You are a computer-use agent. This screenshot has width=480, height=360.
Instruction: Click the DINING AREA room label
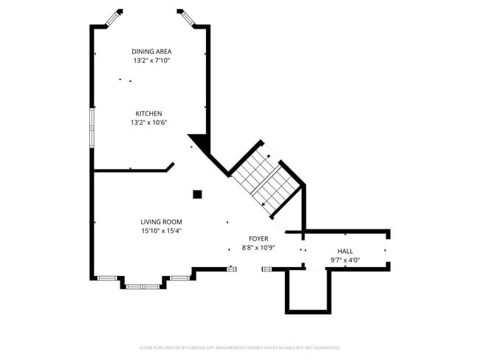pyautogui.click(x=151, y=52)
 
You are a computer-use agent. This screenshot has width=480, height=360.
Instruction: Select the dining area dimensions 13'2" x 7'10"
pyautogui.click(x=151, y=60)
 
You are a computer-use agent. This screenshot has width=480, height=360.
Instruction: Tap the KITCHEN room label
pyautogui.click(x=148, y=114)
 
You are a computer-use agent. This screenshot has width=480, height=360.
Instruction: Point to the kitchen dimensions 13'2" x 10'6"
pyautogui.click(x=148, y=122)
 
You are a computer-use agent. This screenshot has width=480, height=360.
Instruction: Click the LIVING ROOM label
pyautogui.click(x=161, y=222)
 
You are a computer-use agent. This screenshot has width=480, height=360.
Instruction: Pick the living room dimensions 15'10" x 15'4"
pyautogui.click(x=161, y=231)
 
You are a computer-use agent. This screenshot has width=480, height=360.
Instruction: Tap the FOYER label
pyautogui.click(x=258, y=239)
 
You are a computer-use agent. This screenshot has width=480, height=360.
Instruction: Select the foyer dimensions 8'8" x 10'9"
pyautogui.click(x=258, y=248)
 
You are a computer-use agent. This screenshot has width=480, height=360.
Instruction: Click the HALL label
pyautogui.click(x=345, y=252)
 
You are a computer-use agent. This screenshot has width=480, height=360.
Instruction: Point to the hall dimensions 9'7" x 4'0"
pyautogui.click(x=345, y=260)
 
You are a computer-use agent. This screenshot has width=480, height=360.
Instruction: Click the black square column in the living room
pyautogui.click(x=197, y=195)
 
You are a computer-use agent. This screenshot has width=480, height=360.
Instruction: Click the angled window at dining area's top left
pyautogui.click(x=114, y=18)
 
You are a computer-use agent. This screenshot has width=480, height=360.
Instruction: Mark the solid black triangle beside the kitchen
pyautogui.click(x=198, y=142)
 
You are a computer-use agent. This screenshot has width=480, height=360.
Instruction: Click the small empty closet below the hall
pyautogui.click(x=307, y=291)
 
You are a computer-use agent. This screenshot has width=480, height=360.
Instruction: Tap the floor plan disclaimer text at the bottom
pyautogui.click(x=239, y=347)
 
